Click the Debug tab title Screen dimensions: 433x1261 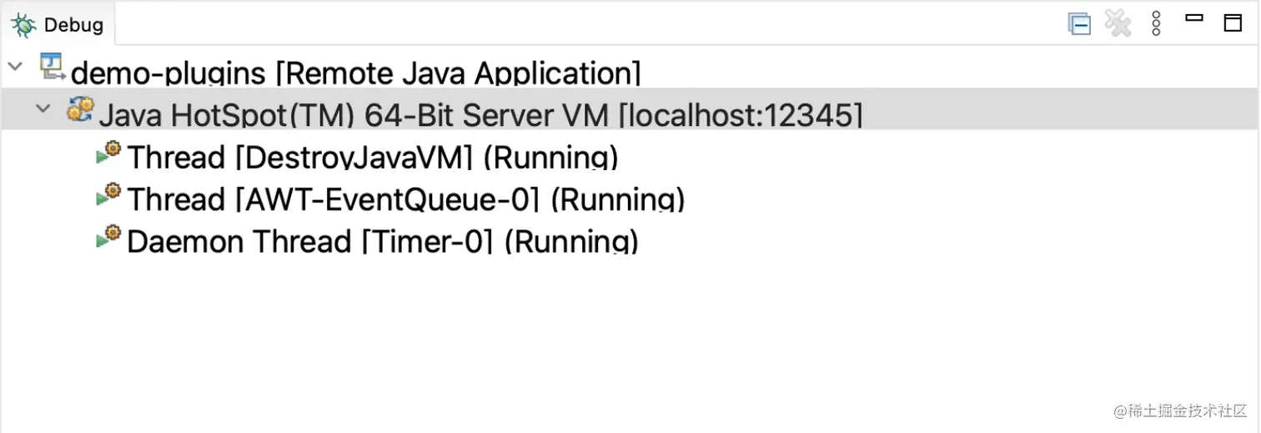73,25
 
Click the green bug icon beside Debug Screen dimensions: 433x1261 23,25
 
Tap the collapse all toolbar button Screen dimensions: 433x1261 1079,24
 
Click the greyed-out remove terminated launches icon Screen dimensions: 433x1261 1118,24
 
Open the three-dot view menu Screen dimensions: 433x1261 1156,24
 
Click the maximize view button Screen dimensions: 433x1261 1233,23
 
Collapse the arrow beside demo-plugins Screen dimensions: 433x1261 15,66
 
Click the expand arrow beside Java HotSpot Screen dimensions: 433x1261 43,108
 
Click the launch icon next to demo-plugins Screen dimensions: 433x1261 53,67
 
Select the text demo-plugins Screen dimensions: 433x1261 168,73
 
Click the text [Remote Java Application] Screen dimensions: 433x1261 458,73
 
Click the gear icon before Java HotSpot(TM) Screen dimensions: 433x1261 80,108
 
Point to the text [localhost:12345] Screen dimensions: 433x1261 740,116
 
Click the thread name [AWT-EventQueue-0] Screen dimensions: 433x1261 389,200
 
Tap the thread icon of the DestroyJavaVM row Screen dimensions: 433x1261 108,152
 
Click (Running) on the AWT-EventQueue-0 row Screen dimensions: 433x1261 618,200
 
